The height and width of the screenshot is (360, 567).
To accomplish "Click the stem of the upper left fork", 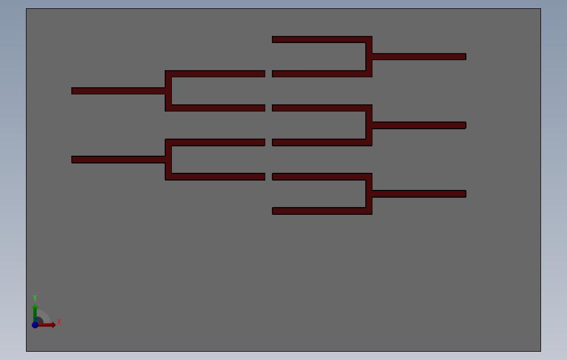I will click(x=118, y=91).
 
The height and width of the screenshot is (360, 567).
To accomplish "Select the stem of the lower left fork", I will click(x=118, y=160).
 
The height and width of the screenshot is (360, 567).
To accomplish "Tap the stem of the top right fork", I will click(x=419, y=56).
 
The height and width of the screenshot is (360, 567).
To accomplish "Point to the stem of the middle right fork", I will click(x=419, y=125).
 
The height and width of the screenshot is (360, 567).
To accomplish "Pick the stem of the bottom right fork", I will click(x=419, y=194).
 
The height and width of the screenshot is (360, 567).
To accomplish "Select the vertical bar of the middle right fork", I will click(x=369, y=125).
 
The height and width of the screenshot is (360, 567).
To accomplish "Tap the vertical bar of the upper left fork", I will click(x=168, y=91).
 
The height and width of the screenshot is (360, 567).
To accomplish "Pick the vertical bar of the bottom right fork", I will click(x=369, y=194).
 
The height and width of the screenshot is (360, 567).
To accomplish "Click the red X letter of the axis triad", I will click(x=59, y=322).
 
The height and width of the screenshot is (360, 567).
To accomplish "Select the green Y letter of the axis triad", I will click(x=35, y=298).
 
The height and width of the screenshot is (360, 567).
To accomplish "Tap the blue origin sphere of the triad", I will click(x=35, y=325).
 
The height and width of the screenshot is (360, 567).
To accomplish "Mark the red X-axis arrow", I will click(x=48, y=325).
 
